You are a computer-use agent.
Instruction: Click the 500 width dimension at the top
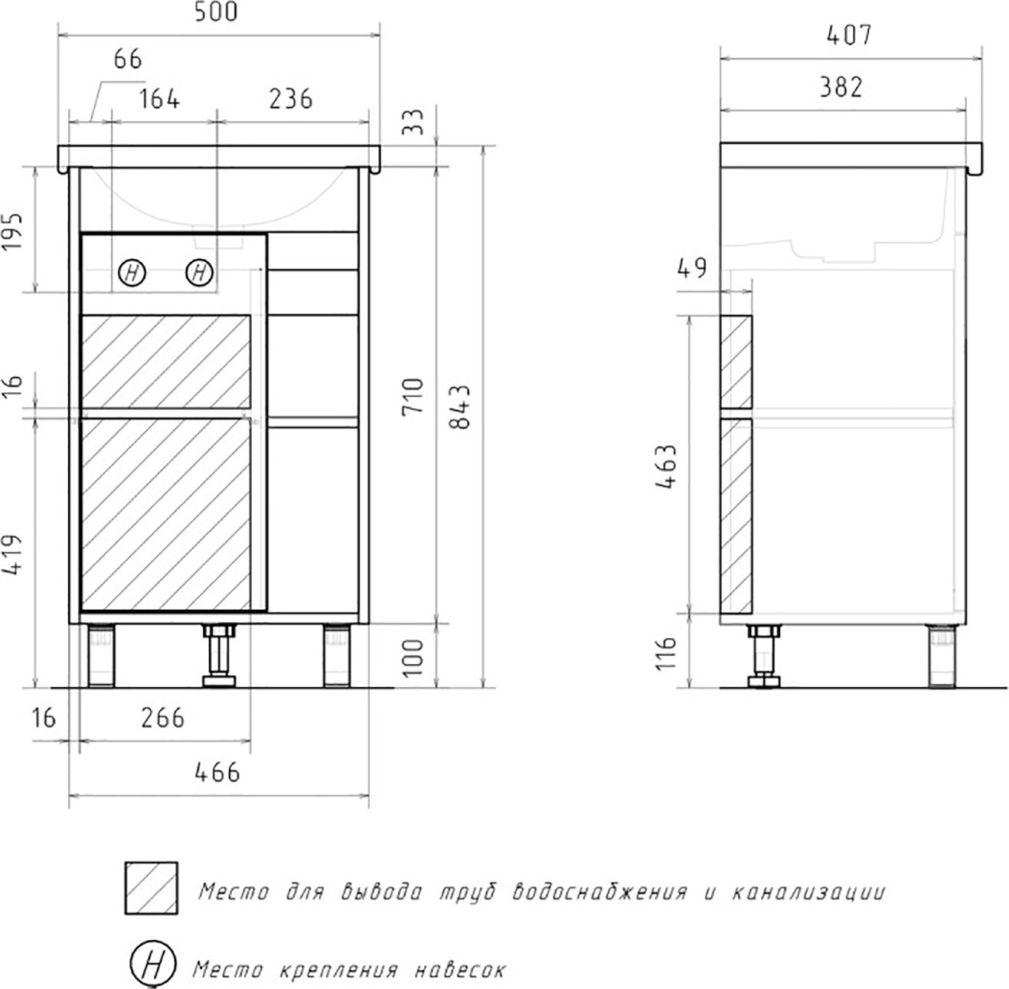(216, 12)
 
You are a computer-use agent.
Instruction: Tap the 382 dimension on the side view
(841, 87)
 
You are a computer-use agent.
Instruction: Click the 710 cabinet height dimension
(413, 397)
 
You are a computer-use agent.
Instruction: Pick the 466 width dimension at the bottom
(217, 772)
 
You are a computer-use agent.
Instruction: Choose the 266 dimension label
(163, 718)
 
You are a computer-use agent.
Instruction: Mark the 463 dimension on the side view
(666, 467)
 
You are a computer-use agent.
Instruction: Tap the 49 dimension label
(692, 268)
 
